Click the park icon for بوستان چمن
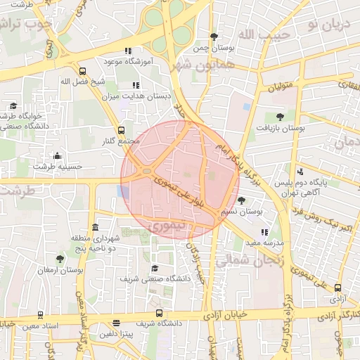tap(214, 37)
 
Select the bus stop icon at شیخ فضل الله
tap(83, 71)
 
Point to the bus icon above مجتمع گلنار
tap(121, 130)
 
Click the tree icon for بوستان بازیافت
tap(281, 117)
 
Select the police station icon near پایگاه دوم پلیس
tap(300, 171)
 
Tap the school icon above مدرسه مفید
tap(264, 232)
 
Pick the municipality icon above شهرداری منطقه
tap(96, 227)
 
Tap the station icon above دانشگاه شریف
tap(159, 313)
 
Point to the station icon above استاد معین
tap(39, 315)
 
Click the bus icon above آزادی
tap(338, 288)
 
